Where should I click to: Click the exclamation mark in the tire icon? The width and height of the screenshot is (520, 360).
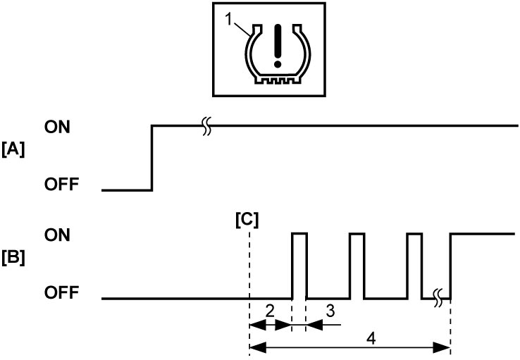[x=278, y=46]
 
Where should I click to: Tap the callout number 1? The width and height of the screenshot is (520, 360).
[x=229, y=20]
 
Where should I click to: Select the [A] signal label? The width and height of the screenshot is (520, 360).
[x=13, y=149]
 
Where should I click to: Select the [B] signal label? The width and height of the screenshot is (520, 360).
[x=13, y=258]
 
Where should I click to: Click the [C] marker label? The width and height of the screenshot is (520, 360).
[x=247, y=220]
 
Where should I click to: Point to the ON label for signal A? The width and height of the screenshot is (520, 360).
[x=57, y=127]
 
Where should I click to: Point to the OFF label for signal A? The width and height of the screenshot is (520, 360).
[x=62, y=184]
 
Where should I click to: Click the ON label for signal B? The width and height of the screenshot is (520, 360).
[x=57, y=235]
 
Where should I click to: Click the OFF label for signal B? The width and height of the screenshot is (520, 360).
[x=62, y=292]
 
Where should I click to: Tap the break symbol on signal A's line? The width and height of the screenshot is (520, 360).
[x=206, y=126]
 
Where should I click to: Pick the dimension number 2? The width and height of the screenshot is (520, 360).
[x=270, y=311]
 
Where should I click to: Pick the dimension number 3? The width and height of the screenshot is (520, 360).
[x=330, y=311]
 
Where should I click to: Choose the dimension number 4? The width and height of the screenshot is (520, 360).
[x=371, y=339]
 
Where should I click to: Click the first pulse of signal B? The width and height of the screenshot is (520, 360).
[x=299, y=234]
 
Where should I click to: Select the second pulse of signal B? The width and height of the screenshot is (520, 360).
[x=357, y=234]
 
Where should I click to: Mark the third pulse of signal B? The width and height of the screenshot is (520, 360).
[x=414, y=234]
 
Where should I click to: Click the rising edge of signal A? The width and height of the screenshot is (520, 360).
[x=152, y=158]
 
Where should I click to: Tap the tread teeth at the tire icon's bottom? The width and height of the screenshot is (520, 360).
[x=277, y=80]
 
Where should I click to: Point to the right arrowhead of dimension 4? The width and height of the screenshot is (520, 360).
[x=441, y=348]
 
